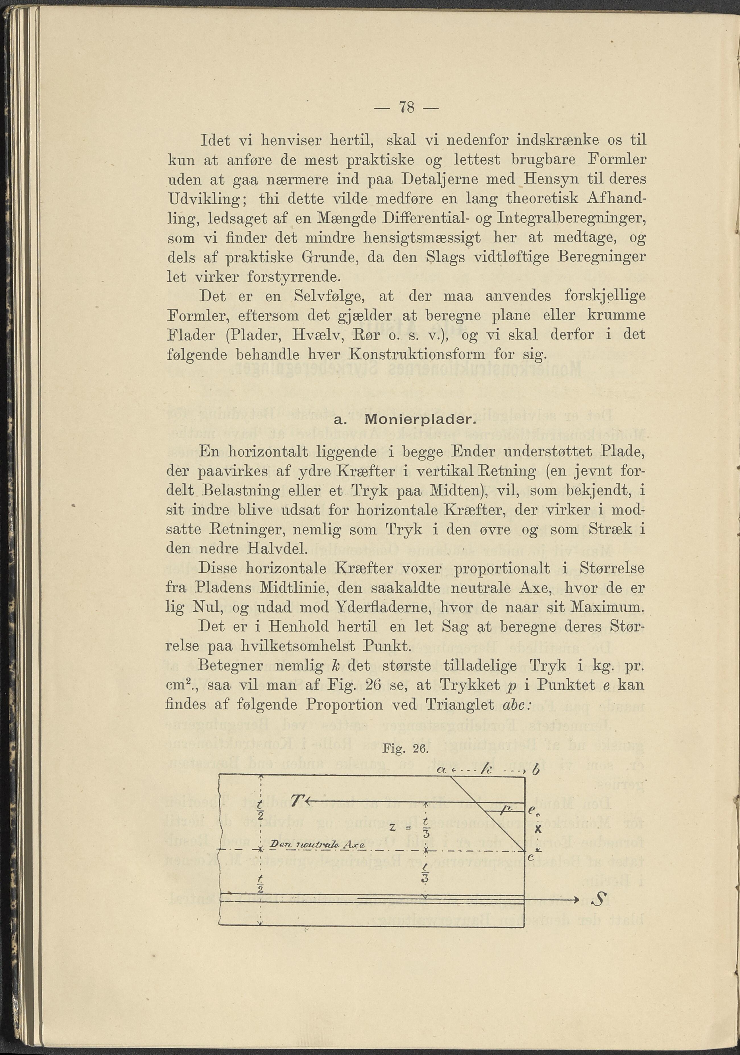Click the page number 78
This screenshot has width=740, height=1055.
(407, 108)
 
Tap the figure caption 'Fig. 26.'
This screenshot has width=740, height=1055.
(405, 749)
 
